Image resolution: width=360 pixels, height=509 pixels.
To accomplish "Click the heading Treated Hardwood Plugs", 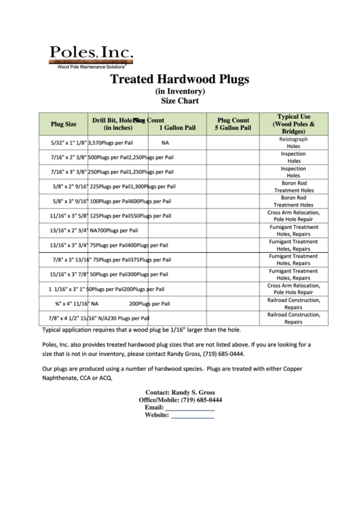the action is tap(180, 79).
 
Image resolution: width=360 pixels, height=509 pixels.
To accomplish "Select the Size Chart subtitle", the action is tap(180, 101).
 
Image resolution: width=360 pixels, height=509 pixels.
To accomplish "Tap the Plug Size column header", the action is tap(64, 124).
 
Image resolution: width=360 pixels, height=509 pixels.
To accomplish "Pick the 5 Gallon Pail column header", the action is tap(233, 124).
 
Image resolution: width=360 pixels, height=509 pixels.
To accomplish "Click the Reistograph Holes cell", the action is tap(293, 143).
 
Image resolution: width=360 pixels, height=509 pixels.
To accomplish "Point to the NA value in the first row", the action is tap(165, 143).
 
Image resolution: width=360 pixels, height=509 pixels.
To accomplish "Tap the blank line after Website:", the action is tap(192, 416).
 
